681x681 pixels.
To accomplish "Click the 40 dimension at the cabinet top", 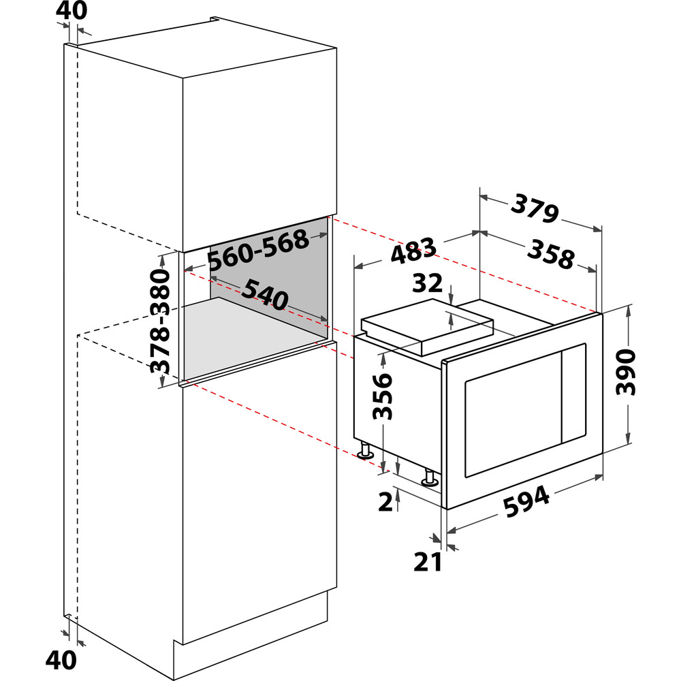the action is pos(72,10).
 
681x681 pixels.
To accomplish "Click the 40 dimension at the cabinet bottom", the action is pos(61,660).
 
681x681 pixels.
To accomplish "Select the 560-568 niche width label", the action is pos(258,249).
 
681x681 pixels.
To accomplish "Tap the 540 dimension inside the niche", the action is pos(264,294).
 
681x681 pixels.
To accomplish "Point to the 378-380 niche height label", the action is pos(159,321).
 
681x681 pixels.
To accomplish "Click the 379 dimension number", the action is pos(535,209).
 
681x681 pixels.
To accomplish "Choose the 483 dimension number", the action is pos(413,250).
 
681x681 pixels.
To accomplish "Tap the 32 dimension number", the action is pos(428,283).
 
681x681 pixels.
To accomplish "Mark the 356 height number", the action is pos(382,396).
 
